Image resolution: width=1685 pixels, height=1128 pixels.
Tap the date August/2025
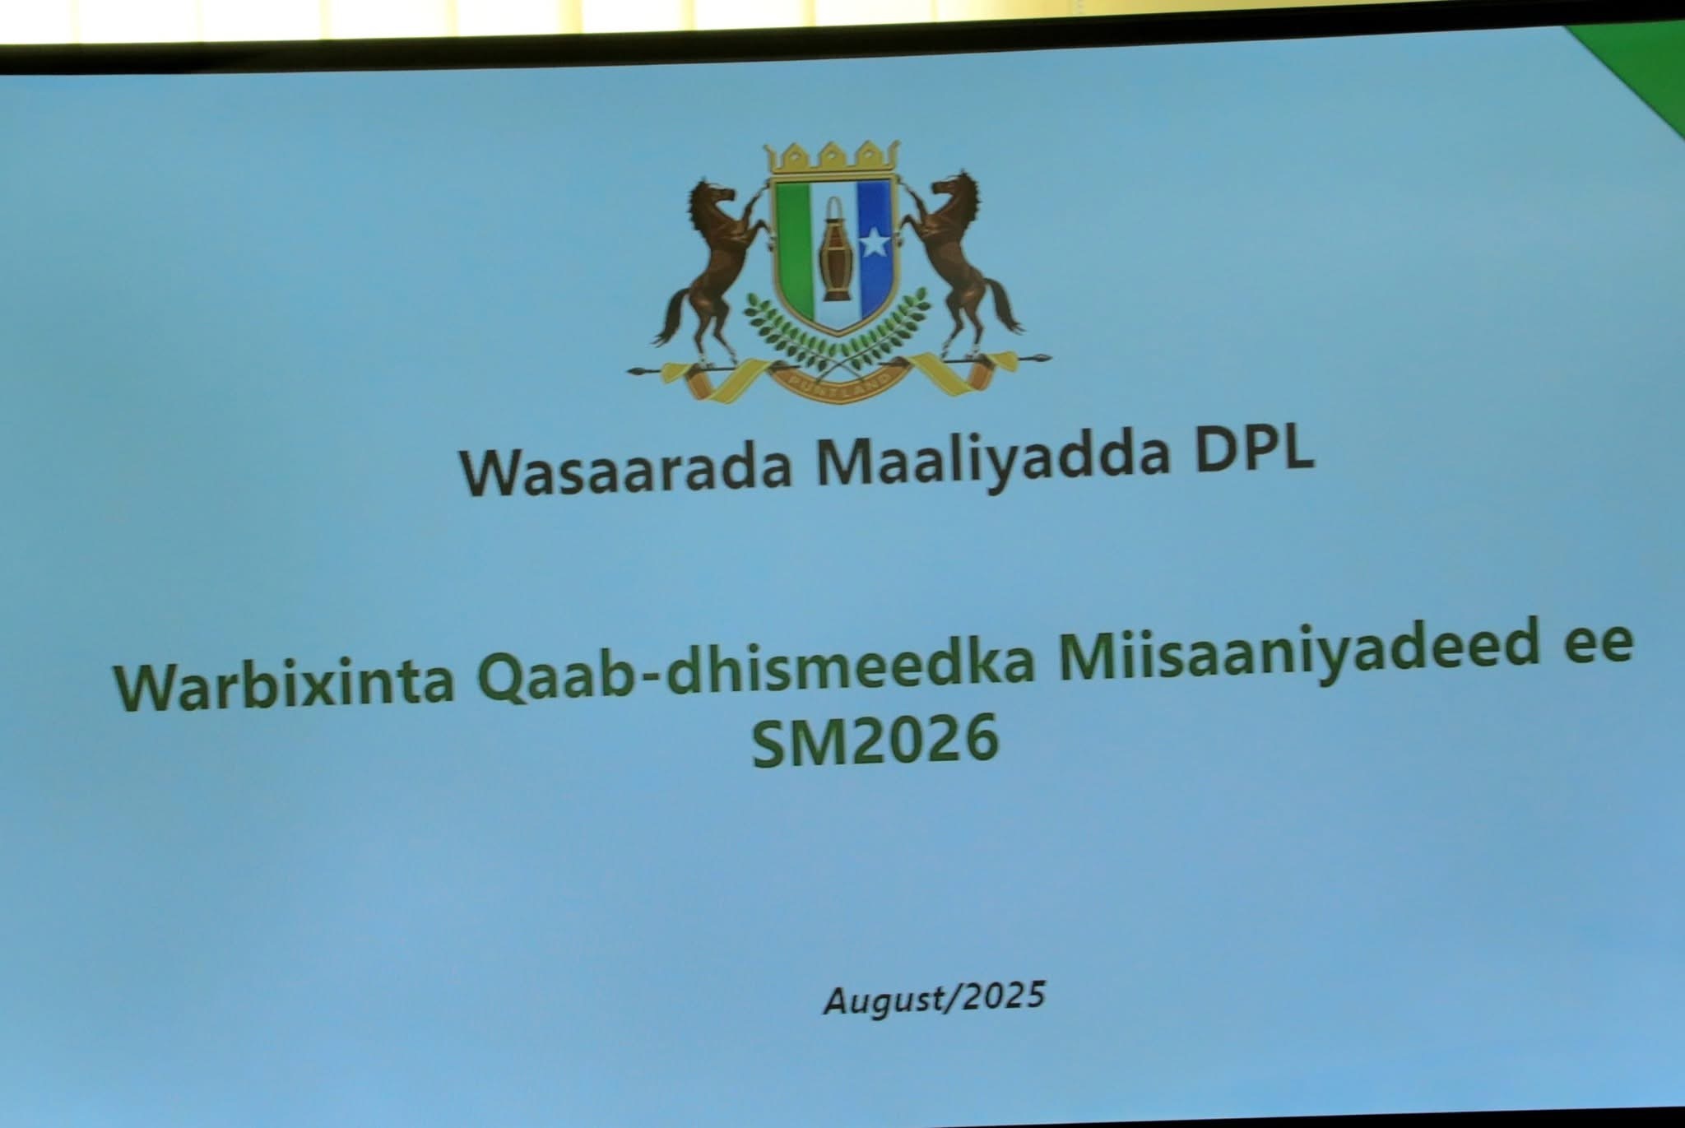tap(935, 999)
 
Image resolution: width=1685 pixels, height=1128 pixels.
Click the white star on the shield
tap(874, 243)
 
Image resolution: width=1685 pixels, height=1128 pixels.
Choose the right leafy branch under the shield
tap(889, 330)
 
